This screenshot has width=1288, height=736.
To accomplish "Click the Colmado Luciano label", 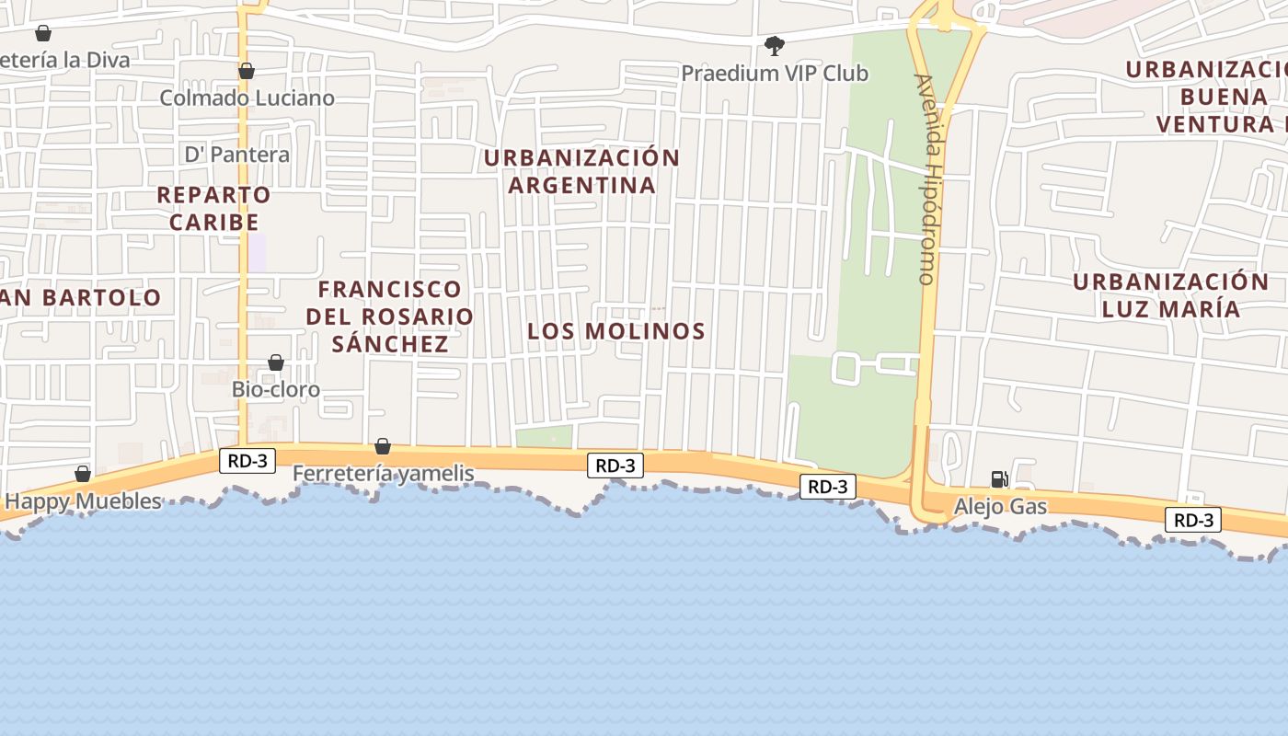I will pos(247,98).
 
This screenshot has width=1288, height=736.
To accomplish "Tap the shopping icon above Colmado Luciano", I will pos(246,71).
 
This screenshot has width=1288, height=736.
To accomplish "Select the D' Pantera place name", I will pos(237,154).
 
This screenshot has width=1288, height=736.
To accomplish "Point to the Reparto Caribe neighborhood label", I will pos(213,208).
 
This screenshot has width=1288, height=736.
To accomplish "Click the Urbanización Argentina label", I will pos(581,171).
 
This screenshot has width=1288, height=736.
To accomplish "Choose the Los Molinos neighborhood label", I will pos(616,331).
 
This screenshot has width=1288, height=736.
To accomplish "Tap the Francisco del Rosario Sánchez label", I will pos(390,316).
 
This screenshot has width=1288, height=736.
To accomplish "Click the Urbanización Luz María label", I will pos(1170,294).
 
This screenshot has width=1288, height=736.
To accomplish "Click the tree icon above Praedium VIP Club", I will pos(775,45).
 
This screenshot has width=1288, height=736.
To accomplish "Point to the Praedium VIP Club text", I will pos(775,73).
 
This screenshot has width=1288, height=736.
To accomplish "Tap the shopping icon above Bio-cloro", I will pos(275,362).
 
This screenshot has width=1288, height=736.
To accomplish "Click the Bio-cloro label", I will pos(275,389).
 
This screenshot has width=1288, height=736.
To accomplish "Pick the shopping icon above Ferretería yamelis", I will pos(383,446).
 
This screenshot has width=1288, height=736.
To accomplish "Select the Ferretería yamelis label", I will pos(383,474).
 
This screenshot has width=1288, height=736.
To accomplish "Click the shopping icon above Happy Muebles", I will pos(83,474).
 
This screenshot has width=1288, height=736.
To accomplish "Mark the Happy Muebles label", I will pos(83,501).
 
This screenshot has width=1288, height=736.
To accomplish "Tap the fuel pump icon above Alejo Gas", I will pos(999,479).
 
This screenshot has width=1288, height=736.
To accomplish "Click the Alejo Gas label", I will pos(1000,506).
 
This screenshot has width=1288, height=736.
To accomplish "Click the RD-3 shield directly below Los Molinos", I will pos(615,466).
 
